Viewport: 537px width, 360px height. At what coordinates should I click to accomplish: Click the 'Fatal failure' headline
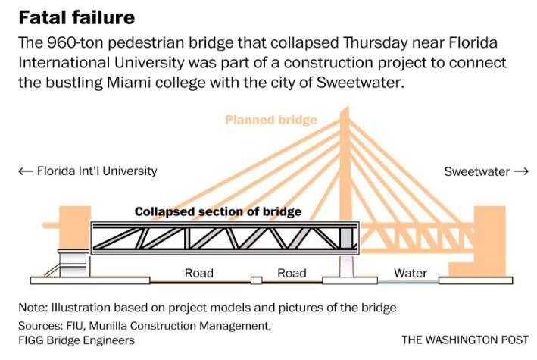76,17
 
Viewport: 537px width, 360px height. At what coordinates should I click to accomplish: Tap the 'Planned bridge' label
271,120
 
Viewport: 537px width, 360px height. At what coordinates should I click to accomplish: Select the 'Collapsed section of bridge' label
218,211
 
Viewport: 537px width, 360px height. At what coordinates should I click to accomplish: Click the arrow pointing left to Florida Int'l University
26,171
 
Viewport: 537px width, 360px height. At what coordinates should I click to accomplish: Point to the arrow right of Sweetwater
521,171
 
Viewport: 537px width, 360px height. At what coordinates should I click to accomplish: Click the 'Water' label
411,274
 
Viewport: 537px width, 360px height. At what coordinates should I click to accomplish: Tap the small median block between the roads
256,280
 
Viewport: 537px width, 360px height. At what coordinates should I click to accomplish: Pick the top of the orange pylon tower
345,109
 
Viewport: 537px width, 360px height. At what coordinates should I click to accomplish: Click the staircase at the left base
52,270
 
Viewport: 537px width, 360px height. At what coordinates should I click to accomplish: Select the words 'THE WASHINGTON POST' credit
465,340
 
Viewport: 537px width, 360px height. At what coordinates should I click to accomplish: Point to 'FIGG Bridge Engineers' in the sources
76,340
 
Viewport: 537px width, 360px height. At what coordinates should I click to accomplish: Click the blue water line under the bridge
408,283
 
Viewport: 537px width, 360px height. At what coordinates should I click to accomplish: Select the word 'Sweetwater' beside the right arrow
476,171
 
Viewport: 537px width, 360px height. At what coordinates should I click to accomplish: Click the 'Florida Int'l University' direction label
97,171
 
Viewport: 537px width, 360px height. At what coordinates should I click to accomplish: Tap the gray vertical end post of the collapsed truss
346,238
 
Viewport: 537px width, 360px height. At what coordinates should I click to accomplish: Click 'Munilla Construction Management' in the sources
180,325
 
